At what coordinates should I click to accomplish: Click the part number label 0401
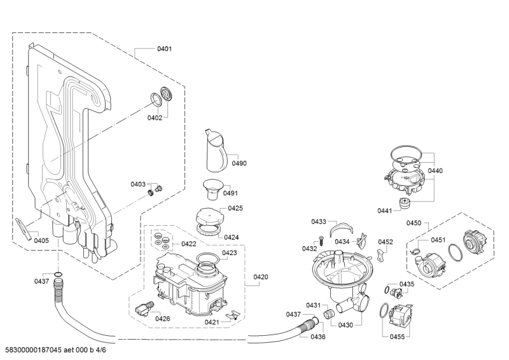coord(164,49)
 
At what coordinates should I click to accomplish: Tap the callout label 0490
coord(239,163)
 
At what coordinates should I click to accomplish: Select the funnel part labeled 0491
coord(213,191)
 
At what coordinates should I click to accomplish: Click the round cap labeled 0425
coord(209,216)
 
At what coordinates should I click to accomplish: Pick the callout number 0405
coord(41,240)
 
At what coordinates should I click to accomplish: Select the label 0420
coord(261,277)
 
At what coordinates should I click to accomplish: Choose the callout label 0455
coord(397,336)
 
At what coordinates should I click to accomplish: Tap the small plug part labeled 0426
coord(144,308)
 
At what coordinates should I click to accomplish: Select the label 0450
coord(414,223)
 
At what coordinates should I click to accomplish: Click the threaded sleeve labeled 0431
coord(329,314)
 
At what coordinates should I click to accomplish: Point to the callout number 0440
coord(435,170)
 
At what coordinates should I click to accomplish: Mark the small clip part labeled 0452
coord(381,254)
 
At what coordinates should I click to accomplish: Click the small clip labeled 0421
coord(232,315)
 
